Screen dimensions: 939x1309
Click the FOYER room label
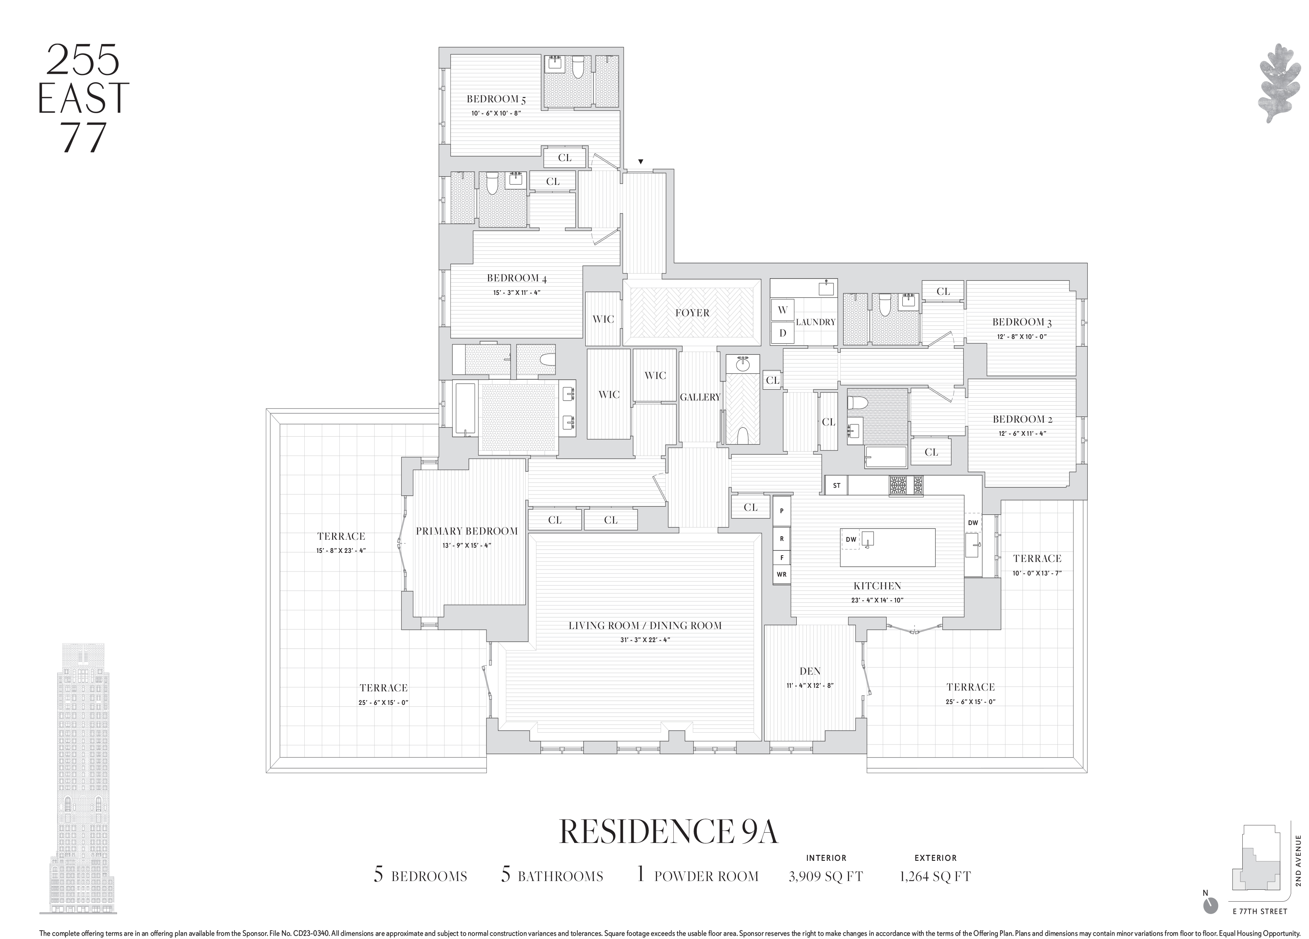692,313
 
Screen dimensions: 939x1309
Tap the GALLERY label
700,397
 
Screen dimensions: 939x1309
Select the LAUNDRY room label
815,322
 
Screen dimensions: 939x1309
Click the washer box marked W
782,310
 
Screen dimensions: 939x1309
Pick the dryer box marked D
782,333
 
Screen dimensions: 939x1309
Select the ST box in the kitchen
836,486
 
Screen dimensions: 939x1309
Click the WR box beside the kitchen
782,574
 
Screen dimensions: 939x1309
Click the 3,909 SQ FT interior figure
825,877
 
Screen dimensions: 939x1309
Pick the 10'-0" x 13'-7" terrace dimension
1036,573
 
